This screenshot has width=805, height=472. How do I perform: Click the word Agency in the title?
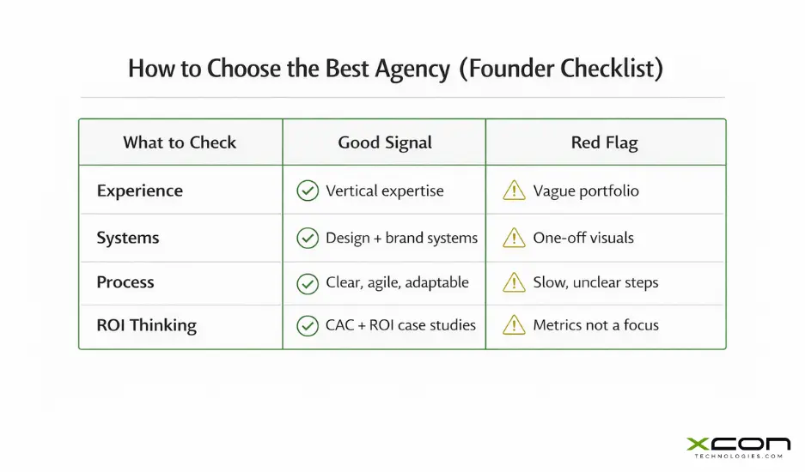click(x=408, y=69)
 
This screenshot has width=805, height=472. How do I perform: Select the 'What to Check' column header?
click(x=180, y=142)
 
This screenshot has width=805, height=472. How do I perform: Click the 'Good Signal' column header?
click(x=385, y=142)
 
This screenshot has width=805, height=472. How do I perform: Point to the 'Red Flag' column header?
click(x=605, y=142)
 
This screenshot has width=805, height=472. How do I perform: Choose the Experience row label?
click(x=140, y=191)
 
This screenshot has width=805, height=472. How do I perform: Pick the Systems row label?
click(x=128, y=237)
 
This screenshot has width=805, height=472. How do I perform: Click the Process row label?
click(x=125, y=282)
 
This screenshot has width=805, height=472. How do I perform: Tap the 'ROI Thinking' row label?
click(x=147, y=325)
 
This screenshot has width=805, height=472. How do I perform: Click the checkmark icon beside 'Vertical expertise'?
click(x=307, y=191)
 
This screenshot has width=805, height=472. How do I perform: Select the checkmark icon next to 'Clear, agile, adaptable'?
click(x=307, y=282)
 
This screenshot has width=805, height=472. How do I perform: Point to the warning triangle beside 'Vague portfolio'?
click(x=514, y=191)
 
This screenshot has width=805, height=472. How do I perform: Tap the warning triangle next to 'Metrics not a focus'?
click(x=514, y=325)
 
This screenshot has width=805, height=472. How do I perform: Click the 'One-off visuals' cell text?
click(x=583, y=237)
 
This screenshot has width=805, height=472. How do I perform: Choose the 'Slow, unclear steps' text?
click(x=595, y=282)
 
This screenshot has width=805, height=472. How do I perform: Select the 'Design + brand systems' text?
click(x=401, y=237)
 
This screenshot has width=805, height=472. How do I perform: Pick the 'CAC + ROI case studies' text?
click(x=400, y=325)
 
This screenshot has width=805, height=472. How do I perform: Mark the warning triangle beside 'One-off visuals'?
click(x=514, y=237)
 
